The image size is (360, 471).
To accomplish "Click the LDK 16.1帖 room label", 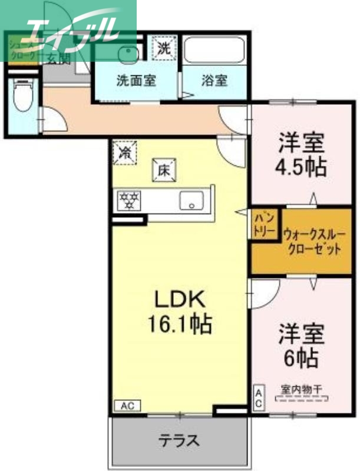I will [x=180, y=311].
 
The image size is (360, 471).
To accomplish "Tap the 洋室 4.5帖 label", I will [x=302, y=155].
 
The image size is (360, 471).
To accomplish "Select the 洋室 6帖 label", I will [x=301, y=345].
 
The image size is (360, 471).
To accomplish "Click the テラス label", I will [x=179, y=440].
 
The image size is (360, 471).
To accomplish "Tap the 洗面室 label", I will [x=136, y=81].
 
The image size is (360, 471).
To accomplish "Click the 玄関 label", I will [x=59, y=59].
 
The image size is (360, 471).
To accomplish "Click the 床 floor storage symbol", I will [x=164, y=170].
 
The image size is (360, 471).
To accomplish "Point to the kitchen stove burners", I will [x=130, y=201].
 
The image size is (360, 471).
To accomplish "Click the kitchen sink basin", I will [x=191, y=201].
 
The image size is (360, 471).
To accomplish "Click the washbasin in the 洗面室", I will [x=125, y=55].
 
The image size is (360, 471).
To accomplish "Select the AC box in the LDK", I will [x=128, y=406].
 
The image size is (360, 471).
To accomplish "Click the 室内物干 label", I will [x=301, y=390].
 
